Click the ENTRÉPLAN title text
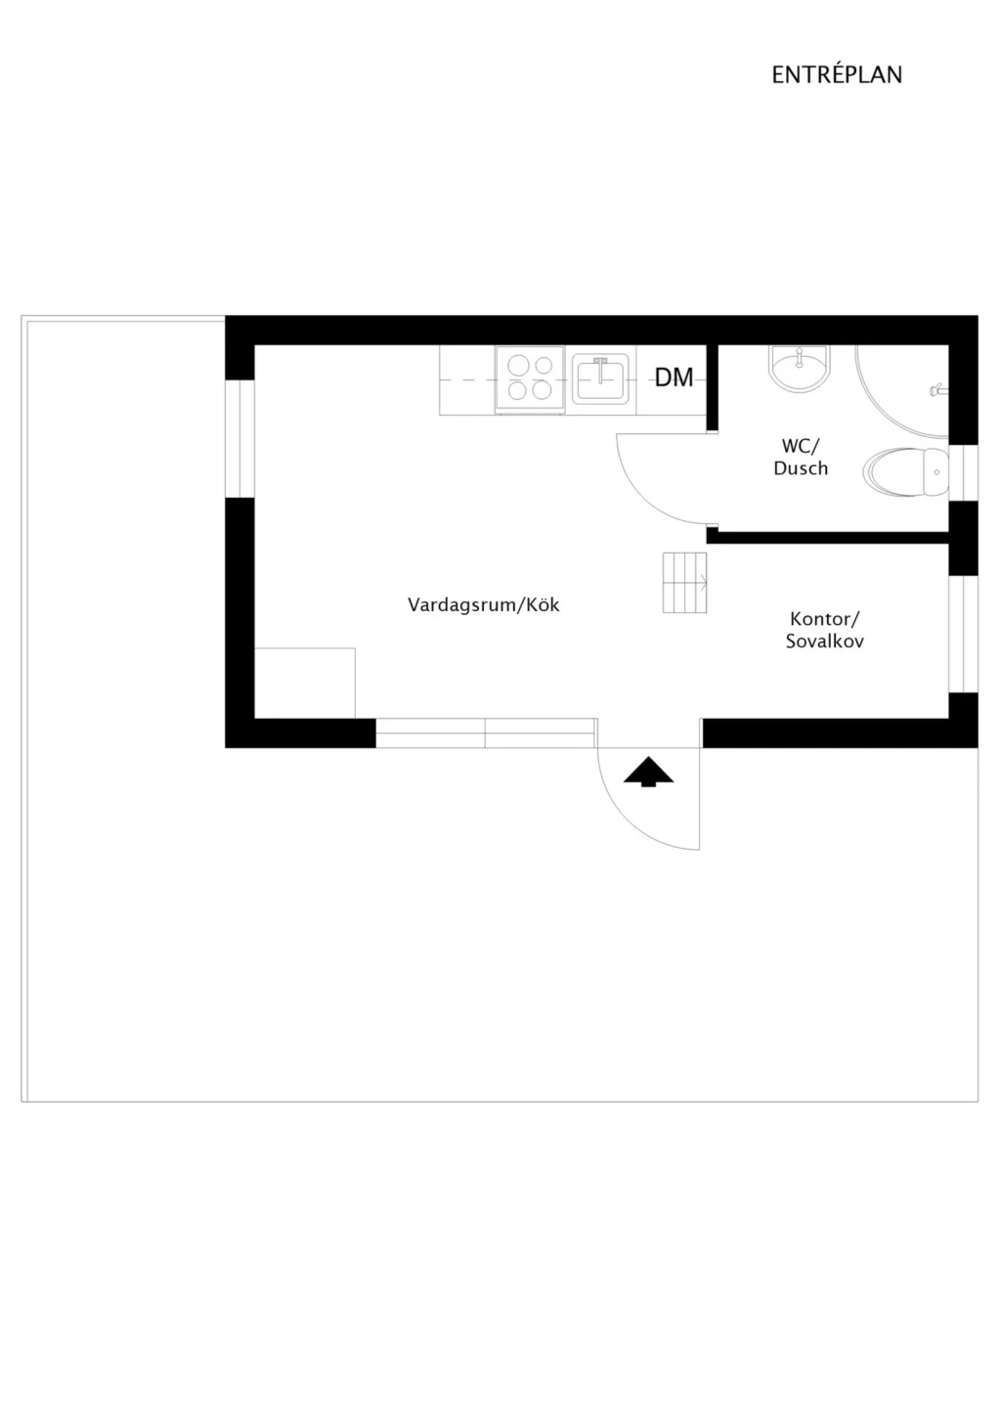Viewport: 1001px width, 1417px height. click(836, 74)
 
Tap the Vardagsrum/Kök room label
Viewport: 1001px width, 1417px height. click(484, 604)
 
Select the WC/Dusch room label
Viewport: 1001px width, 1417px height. click(800, 457)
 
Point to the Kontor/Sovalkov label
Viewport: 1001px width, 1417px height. click(825, 630)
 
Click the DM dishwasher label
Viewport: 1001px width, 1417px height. click(675, 377)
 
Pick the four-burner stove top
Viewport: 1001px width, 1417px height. click(530, 379)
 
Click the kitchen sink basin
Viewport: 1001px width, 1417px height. click(601, 378)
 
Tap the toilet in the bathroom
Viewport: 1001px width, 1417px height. click(905, 472)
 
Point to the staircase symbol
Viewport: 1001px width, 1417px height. click(685, 583)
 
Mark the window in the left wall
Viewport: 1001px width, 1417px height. click(240, 439)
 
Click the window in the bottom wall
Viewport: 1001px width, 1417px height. click(486, 733)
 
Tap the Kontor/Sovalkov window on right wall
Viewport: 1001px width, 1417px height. click(963, 634)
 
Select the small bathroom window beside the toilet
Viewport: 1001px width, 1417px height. click(963, 473)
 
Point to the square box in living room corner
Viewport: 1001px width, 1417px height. click(305, 684)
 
